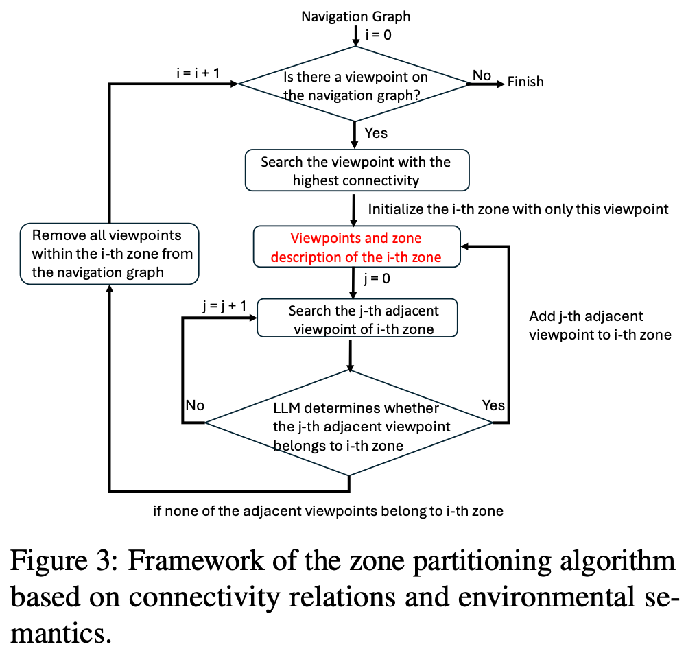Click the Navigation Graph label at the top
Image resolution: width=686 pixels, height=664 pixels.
(x=356, y=16)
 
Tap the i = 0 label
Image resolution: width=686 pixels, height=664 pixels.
(x=379, y=35)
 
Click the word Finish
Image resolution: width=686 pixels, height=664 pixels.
(x=525, y=82)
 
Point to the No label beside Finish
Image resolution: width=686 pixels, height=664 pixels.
(x=482, y=75)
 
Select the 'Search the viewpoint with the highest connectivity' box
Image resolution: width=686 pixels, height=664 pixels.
(x=357, y=171)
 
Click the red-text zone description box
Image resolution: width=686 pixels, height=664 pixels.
(x=356, y=248)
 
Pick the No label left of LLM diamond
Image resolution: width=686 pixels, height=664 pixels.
(x=195, y=405)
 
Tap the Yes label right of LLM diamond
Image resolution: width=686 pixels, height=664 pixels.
(x=493, y=405)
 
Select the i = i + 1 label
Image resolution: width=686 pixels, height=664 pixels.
(x=198, y=72)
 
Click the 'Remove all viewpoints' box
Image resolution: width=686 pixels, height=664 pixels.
(x=109, y=254)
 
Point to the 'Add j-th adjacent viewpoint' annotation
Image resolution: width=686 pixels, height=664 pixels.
(x=600, y=326)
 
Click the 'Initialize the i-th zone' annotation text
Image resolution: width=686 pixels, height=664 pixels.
(x=518, y=209)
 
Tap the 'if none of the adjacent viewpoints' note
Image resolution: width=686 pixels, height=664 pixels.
(x=328, y=511)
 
